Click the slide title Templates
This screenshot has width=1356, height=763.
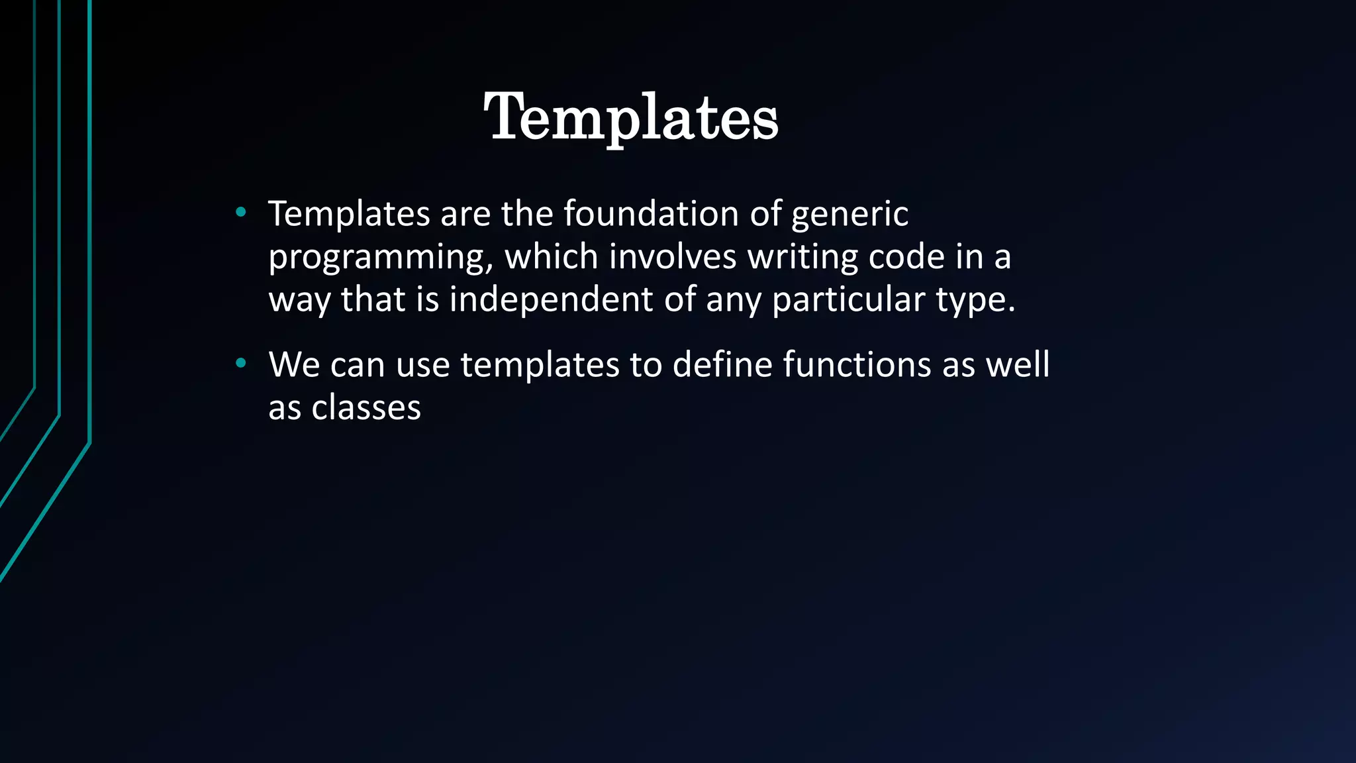click(631, 117)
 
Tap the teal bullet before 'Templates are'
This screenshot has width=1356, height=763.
click(241, 213)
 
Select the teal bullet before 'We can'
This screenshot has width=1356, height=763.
click(241, 363)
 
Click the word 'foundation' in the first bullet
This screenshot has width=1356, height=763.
click(651, 213)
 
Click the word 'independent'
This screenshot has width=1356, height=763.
click(551, 299)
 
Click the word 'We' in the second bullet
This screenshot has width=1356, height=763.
click(294, 364)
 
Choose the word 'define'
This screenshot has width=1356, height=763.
click(722, 364)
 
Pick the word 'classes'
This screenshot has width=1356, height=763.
click(366, 407)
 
